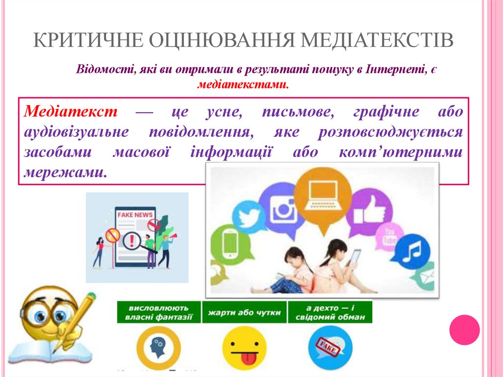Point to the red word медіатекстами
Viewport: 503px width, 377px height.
coord(242,85)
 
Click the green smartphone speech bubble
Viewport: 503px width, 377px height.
coord(230,244)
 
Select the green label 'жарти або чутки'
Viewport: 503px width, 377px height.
coord(245,312)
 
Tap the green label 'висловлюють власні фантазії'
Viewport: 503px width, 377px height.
coord(159,312)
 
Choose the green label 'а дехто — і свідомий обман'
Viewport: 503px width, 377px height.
coord(330,312)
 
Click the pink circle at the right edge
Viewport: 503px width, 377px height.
coord(464,329)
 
